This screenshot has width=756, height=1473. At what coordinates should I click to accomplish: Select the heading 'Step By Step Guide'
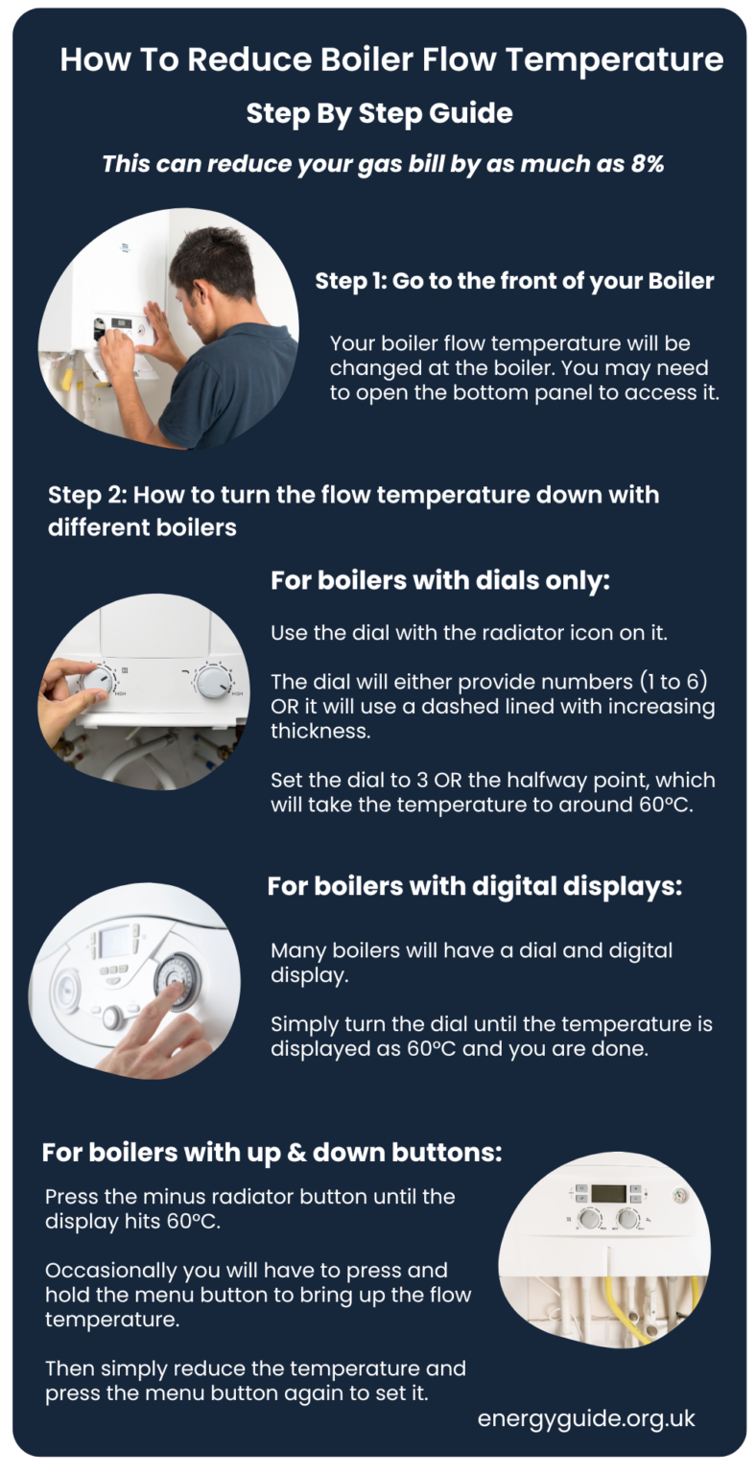tap(379, 113)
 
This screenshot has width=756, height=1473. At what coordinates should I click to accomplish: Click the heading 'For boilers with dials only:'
tap(440, 581)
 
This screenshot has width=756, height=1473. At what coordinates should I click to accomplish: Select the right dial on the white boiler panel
tap(212, 682)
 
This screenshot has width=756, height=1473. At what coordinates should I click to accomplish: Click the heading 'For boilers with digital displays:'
tap(474, 886)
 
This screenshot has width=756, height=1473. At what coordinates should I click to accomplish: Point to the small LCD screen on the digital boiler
tap(116, 942)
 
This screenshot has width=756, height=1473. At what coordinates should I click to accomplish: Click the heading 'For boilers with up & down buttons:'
tap(272, 1152)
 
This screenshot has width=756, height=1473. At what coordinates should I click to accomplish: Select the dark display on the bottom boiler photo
tap(608, 1194)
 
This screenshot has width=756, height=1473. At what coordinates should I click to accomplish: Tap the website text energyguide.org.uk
tap(586, 1418)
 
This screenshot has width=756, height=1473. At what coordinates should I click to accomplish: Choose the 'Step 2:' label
tap(86, 496)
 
